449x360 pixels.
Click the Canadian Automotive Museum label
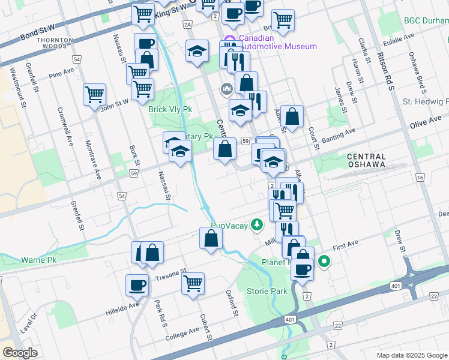(277, 42)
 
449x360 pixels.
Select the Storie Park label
(267, 291)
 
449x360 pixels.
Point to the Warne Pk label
(38, 260)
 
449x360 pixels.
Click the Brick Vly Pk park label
(170, 110)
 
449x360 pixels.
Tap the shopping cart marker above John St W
(95, 94)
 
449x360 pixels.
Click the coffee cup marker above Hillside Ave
(137, 284)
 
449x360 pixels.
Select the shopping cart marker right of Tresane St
(193, 283)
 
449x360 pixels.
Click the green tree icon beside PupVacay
(257, 224)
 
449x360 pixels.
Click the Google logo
(20, 352)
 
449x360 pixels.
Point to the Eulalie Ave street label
(399, 37)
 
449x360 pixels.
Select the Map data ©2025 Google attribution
(411, 355)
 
